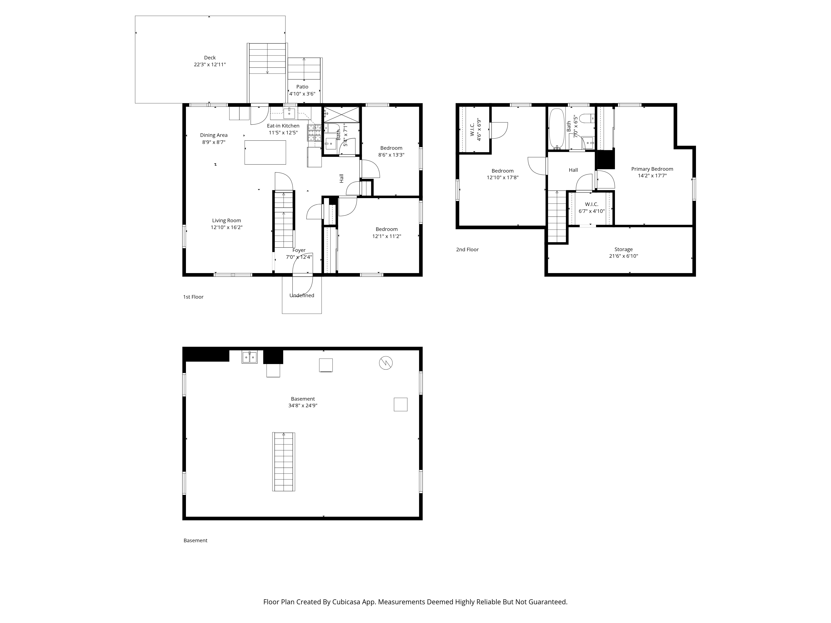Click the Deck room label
tap(210, 58)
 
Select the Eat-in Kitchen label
tap(283, 126)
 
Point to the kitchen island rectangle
tap(265, 152)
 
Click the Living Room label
tap(226, 220)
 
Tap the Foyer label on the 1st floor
tap(299, 250)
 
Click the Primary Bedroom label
tap(652, 169)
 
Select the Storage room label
tap(624, 249)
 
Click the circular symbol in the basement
tap(386, 363)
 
